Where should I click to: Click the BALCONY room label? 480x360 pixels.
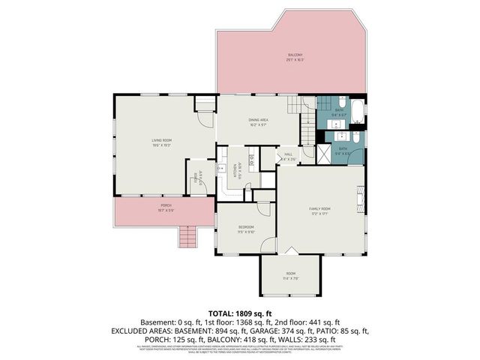[295, 55]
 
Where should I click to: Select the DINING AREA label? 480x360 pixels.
[259, 119]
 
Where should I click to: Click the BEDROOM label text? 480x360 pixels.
[246, 226]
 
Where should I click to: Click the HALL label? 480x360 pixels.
[288, 154]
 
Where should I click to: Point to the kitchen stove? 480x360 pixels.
[251, 159]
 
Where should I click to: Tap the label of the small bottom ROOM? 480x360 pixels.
[291, 274]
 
